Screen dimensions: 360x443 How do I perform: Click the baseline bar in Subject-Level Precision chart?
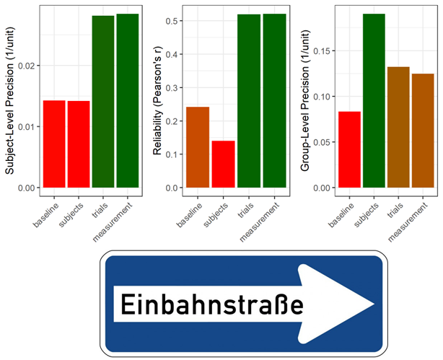point(54,144)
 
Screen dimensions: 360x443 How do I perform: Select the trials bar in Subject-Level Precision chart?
point(103,102)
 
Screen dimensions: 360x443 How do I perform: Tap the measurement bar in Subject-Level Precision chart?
point(128,101)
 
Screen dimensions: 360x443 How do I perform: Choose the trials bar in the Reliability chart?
point(248,101)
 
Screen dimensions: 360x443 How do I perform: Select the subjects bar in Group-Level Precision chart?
point(374,101)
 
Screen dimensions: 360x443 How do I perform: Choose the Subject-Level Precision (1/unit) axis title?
point(9,101)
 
